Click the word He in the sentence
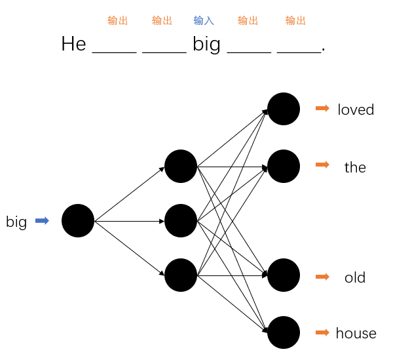(x=73, y=44)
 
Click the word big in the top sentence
(x=206, y=45)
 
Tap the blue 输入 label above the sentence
(x=204, y=21)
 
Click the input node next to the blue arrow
(x=78, y=221)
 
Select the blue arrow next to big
(x=42, y=221)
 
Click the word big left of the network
(x=16, y=222)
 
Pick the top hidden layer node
(x=181, y=167)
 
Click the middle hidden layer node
(x=181, y=221)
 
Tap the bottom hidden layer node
(x=181, y=275)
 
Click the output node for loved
(x=284, y=109)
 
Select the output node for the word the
(x=284, y=167)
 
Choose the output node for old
(x=284, y=275)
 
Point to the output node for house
(x=284, y=332)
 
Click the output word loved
(x=356, y=110)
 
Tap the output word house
(x=356, y=333)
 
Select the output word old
(x=355, y=277)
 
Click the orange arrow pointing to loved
(x=322, y=108)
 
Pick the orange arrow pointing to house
(x=322, y=332)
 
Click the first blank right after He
(x=115, y=50)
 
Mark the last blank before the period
(x=299, y=50)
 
